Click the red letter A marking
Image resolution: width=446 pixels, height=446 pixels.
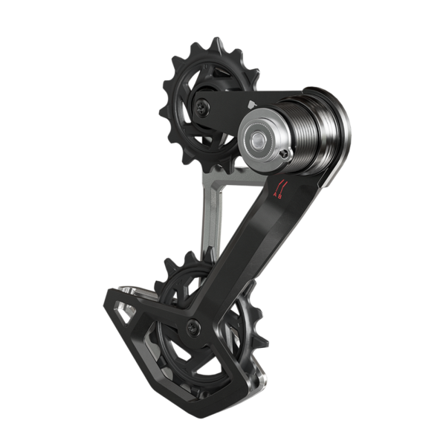(x=277, y=195)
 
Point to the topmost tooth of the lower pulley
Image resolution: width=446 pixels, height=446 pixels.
(x=184, y=254)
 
